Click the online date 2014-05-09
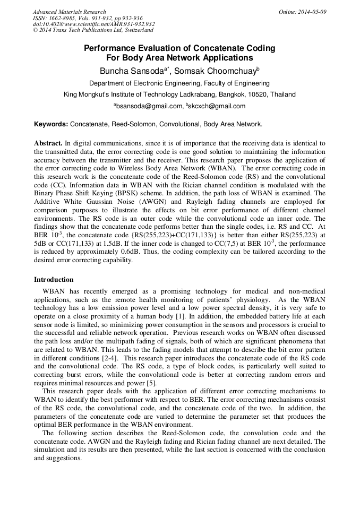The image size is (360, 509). click(x=312, y=12)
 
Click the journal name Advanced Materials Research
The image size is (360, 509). click(x=69, y=12)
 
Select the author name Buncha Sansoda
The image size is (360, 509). click(x=127, y=71)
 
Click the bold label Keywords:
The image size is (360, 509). click(x=51, y=124)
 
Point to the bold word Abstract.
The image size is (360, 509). click(x=48, y=143)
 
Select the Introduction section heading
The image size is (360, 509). click(x=54, y=279)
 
